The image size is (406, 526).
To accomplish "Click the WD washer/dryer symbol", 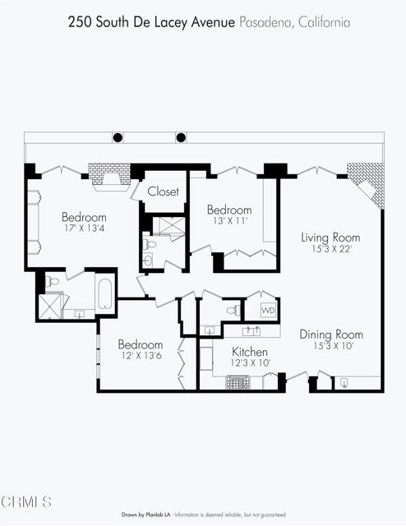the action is pos(269,310).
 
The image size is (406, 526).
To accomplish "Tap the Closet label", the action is pos(163,191).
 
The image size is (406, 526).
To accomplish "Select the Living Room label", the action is pos(330,238).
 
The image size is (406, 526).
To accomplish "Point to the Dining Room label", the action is pos(331,335).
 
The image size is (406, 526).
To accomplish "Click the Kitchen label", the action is pos(250,352).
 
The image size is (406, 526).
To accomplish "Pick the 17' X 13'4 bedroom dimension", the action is pos(84,228).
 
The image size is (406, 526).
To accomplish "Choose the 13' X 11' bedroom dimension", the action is pos(229,221).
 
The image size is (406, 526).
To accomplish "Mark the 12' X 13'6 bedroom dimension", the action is pos(141,356).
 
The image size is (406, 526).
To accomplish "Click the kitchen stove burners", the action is pos(238,382).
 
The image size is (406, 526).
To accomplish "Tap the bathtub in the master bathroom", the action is pos(104,293).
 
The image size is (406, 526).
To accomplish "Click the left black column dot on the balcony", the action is pos(118,137).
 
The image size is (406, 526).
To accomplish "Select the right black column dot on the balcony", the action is pos(181,137).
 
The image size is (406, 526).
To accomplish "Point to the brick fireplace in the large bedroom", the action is pos(109,177).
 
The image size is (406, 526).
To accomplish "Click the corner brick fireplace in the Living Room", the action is pos(367,184).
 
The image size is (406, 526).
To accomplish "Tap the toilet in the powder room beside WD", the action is pos(233,310).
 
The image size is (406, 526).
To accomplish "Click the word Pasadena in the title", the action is pos(266,22).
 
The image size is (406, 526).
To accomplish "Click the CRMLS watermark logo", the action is pos(26,502).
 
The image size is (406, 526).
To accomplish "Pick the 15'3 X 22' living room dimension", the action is pos(331,249).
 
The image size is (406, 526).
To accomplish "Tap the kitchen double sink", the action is pos(251,331).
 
